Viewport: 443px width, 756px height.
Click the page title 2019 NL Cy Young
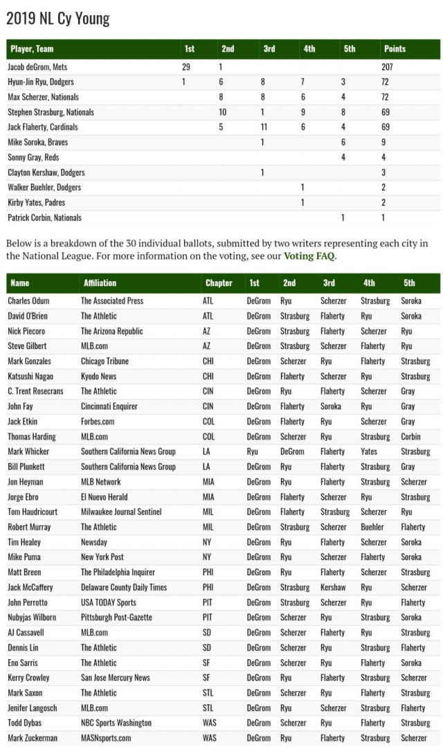coord(58,18)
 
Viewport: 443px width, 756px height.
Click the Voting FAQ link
coord(309,256)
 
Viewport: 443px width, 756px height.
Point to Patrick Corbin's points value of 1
coord(383,217)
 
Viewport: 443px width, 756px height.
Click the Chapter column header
coord(219,283)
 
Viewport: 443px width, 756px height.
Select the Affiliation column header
coord(100,283)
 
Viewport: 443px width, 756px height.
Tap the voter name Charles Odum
coord(28,301)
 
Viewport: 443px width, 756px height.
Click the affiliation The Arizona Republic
coord(112,332)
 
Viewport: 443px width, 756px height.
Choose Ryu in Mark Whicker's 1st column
coord(253,451)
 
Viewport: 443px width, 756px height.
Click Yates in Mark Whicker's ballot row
coord(370,451)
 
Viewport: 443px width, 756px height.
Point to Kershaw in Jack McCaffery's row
coord(332,587)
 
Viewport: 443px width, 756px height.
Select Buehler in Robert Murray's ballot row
coord(373,527)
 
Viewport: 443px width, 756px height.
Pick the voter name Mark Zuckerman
coord(33,738)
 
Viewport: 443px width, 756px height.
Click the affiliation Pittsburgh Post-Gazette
coord(116,618)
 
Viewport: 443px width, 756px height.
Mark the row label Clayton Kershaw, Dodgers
coord(46,172)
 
